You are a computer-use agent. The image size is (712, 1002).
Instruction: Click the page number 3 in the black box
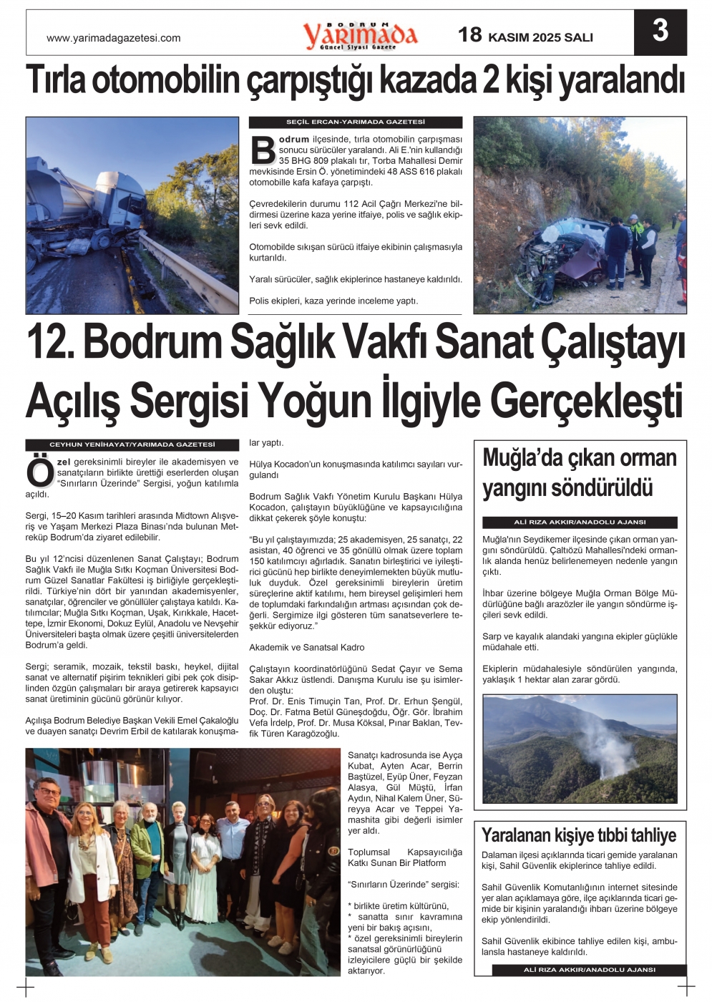(660, 31)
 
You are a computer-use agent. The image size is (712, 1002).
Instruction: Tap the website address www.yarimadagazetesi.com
(113, 38)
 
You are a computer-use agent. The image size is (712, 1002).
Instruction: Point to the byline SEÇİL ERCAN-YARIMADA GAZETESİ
(355, 122)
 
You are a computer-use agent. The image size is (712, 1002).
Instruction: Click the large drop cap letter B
(263, 150)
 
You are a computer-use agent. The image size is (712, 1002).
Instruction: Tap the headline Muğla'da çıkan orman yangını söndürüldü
(580, 473)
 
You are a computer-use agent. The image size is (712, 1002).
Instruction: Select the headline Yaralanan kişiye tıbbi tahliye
(579, 835)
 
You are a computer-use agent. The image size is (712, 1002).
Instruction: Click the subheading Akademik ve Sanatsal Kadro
(306, 647)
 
